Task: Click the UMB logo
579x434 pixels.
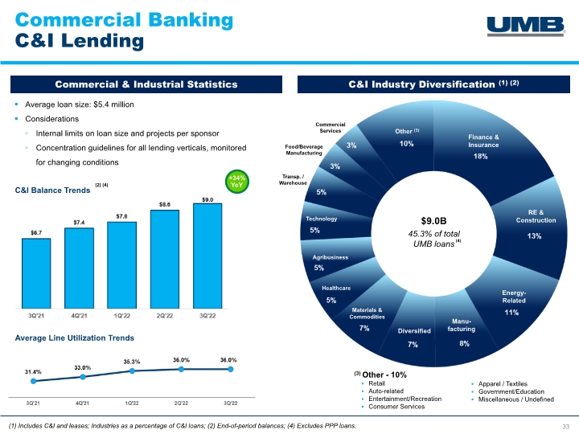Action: pyautogui.click(x=525, y=26)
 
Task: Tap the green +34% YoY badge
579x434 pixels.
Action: pyautogui.click(x=236, y=181)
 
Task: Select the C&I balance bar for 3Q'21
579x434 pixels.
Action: pyautogui.click(x=36, y=273)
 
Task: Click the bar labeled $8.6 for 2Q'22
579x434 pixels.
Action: pyautogui.click(x=165, y=259)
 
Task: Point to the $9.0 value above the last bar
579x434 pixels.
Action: pyautogui.click(x=207, y=199)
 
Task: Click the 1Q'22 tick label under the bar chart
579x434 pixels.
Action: pyautogui.click(x=122, y=316)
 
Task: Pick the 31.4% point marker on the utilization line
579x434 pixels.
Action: pyautogui.click(x=34, y=381)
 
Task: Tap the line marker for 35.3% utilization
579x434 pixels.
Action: pyautogui.click(x=132, y=371)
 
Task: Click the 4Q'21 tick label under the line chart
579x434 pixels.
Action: pyautogui.click(x=82, y=403)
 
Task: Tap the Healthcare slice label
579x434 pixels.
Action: pyautogui.click(x=336, y=289)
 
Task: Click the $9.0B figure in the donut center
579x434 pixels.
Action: pyautogui.click(x=434, y=221)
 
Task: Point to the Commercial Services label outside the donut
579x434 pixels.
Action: pyautogui.click(x=331, y=128)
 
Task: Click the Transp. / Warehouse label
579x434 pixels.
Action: pyautogui.click(x=293, y=180)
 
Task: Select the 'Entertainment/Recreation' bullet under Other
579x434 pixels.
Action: pyautogui.click(x=404, y=399)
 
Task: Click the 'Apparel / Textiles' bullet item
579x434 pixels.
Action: pyautogui.click(x=503, y=384)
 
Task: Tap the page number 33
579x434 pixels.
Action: pyautogui.click(x=565, y=426)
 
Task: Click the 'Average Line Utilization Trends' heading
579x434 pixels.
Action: pyautogui.click(x=74, y=338)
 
